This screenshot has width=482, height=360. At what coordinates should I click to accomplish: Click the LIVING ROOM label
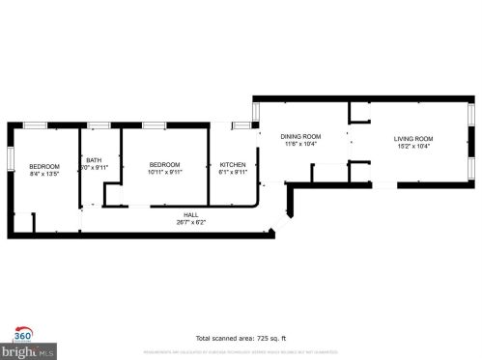[412, 137]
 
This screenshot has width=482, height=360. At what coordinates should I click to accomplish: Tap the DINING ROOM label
[301, 137]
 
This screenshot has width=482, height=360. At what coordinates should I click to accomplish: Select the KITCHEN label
[233, 165]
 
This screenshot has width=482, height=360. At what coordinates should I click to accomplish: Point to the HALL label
[191, 214]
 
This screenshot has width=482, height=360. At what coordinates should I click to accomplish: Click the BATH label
[94, 160]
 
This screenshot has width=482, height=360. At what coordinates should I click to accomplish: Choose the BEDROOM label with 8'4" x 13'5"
[44, 166]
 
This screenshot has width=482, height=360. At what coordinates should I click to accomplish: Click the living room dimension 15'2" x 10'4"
[412, 146]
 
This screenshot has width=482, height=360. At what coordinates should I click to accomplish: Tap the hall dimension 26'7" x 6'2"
[191, 222]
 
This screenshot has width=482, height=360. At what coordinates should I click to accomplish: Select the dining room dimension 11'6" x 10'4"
[301, 145]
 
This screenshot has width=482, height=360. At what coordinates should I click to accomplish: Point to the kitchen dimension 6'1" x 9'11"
[233, 173]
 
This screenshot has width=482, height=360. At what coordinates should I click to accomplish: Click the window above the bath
[99, 125]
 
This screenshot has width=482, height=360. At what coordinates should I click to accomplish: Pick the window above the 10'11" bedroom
[155, 125]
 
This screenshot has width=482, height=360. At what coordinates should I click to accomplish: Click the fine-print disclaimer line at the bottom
[241, 352]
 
